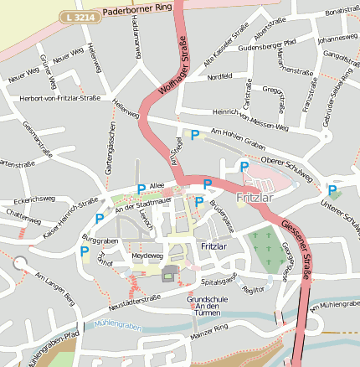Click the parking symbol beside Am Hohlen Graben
(195, 134)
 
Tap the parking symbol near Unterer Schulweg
(332, 190)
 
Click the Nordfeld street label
(219, 76)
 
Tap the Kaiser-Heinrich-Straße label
(70, 218)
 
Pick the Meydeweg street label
(147, 254)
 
